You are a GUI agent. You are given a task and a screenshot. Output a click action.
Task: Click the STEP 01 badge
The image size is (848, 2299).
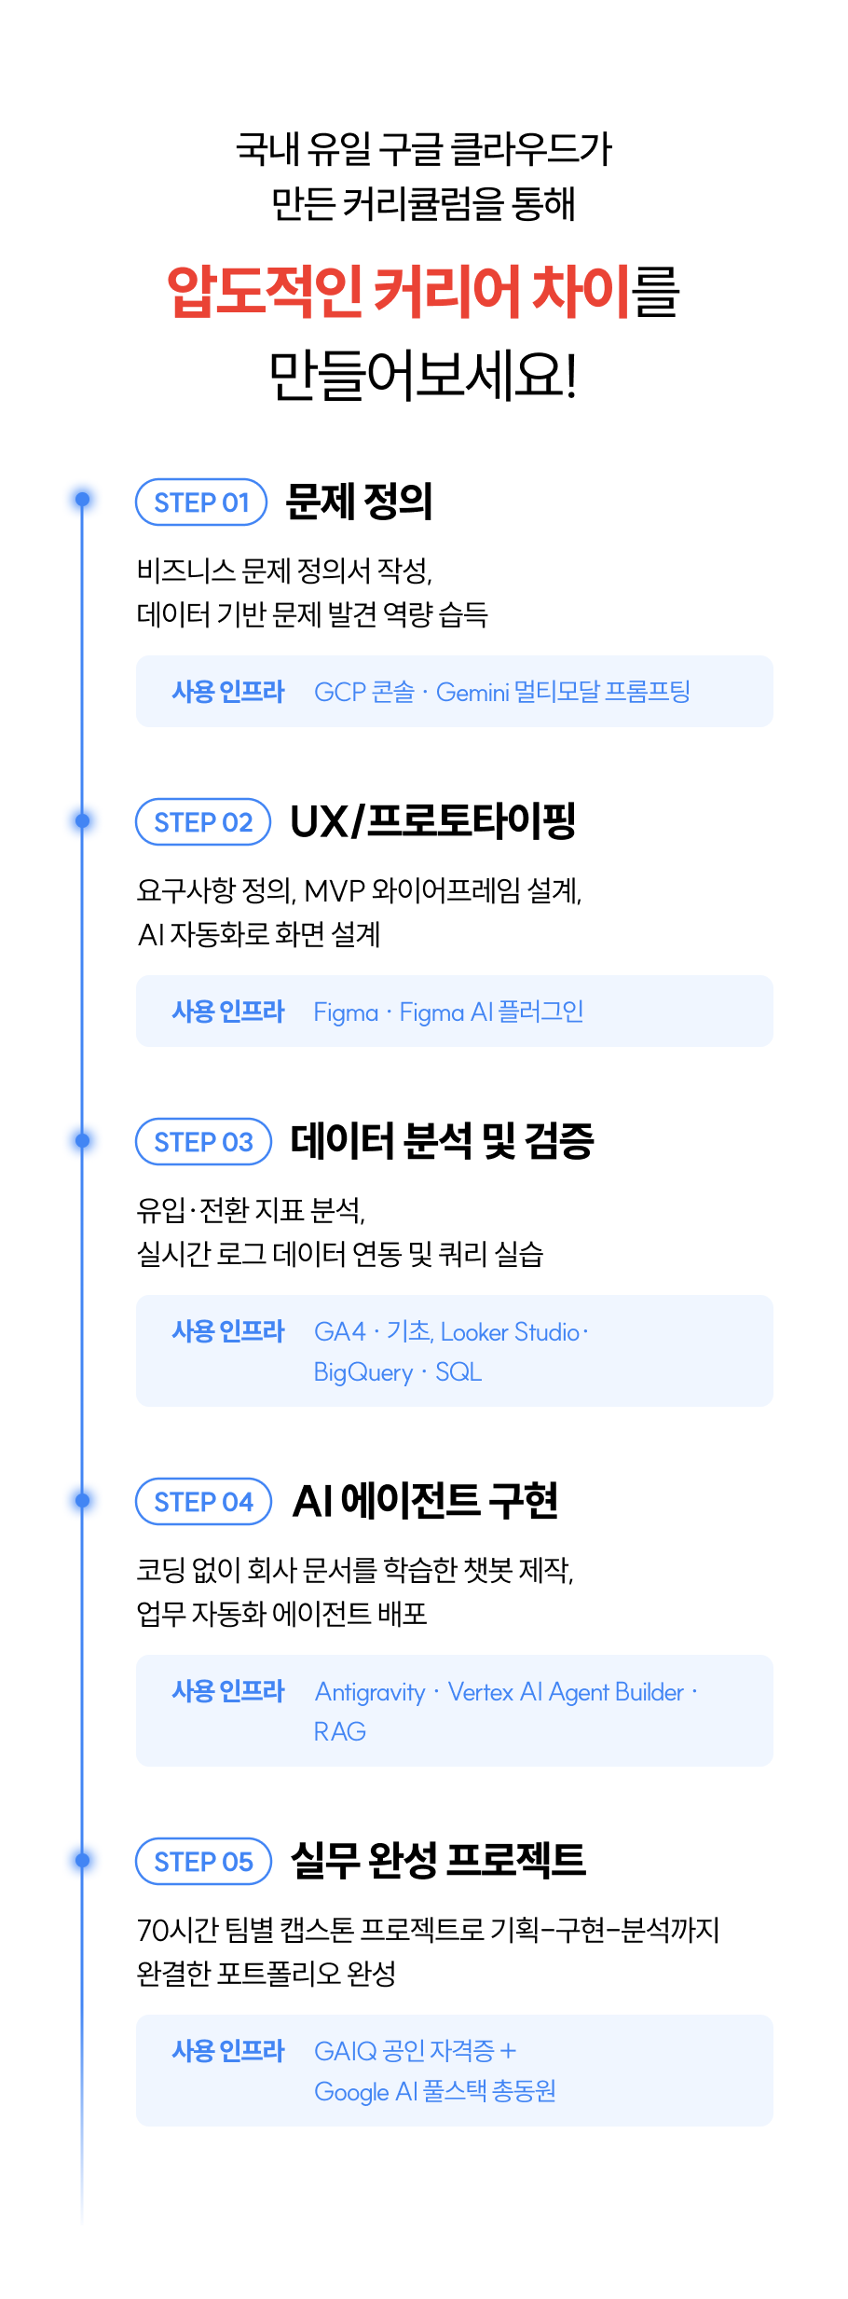tap(201, 502)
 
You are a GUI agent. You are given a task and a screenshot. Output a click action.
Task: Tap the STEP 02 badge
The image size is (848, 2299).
tap(203, 822)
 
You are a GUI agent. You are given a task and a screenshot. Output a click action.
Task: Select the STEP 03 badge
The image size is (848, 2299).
tap(203, 1142)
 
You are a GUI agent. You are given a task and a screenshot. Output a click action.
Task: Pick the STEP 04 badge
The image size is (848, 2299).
tap(203, 1502)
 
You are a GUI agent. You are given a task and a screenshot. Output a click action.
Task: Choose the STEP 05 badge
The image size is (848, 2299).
tap(203, 1862)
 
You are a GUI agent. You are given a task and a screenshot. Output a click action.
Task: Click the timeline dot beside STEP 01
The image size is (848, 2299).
tap(82, 500)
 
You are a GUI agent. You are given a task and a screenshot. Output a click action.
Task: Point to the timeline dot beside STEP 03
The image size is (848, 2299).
tap(82, 1140)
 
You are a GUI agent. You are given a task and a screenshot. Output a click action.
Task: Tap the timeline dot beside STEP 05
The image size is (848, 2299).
tap(82, 1860)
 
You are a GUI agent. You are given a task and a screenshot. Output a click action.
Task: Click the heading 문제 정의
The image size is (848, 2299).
tap(359, 502)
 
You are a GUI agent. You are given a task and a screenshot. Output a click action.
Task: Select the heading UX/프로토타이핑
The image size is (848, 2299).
tap(433, 821)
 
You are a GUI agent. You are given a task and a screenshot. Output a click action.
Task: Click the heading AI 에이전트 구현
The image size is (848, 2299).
tap(426, 1501)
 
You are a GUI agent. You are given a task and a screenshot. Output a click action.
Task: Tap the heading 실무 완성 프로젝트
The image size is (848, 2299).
tap(438, 1861)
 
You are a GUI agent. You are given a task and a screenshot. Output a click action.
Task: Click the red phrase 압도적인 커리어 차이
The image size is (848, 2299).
tap(400, 291)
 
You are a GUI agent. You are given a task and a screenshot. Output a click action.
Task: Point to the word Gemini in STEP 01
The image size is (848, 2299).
tap(472, 693)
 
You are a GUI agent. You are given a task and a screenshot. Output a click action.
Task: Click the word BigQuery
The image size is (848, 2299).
tap(363, 1373)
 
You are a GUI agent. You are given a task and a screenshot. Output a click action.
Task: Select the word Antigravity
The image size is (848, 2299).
tap(370, 1692)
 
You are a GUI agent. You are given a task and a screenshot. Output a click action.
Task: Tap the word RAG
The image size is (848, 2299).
tap(340, 1732)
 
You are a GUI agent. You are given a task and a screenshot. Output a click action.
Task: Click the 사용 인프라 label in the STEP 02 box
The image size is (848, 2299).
tap(228, 1012)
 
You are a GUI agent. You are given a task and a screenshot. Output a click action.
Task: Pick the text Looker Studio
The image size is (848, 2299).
tap(511, 1332)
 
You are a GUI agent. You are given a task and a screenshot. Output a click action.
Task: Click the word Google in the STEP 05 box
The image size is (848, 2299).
tap(351, 2092)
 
